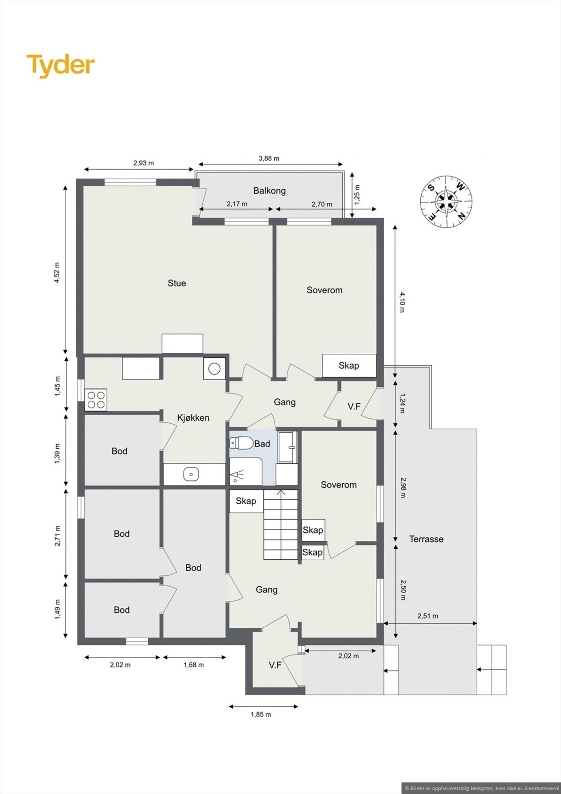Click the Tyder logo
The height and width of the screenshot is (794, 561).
(60, 65)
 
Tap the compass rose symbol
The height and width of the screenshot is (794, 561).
(446, 202)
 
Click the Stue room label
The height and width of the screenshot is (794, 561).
(176, 283)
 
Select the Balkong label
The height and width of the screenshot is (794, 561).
(269, 191)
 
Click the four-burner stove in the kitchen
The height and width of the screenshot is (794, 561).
(96, 400)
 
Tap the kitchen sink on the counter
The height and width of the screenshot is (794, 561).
(191, 474)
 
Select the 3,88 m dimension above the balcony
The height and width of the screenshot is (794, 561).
(269, 158)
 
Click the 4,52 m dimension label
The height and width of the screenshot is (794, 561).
(56, 273)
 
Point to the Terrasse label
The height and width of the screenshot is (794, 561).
(426, 539)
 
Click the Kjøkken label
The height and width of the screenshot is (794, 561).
(193, 417)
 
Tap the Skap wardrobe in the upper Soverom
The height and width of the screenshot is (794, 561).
(349, 365)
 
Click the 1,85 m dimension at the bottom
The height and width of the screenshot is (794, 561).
(261, 714)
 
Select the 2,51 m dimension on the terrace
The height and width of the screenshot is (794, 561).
(427, 616)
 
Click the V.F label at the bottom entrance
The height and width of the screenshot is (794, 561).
(275, 665)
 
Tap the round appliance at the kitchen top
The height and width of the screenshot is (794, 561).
(214, 368)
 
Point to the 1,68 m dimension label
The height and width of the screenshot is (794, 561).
(194, 665)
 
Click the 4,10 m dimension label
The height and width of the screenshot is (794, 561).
(402, 302)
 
